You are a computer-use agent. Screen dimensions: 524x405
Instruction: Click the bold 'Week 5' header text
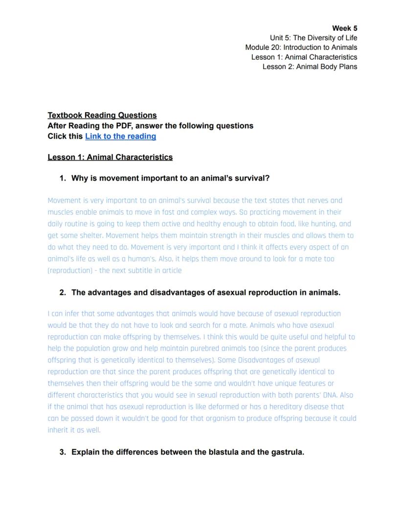[x=344, y=28]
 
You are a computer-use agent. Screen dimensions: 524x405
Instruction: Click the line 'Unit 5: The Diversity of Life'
[x=313, y=38]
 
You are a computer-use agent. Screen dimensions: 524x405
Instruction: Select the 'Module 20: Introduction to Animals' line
[x=301, y=47]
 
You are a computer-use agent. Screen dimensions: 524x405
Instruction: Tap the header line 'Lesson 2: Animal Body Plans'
[x=310, y=67]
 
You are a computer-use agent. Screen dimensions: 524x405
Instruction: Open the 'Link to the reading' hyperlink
[x=120, y=137]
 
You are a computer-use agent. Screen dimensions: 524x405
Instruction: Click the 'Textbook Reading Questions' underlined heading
[x=102, y=115]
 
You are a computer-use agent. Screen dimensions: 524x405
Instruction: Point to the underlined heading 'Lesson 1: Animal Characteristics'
[x=110, y=157]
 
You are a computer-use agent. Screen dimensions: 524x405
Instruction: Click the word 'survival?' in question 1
[x=252, y=178]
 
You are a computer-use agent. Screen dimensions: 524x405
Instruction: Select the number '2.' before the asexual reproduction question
[x=63, y=293]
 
